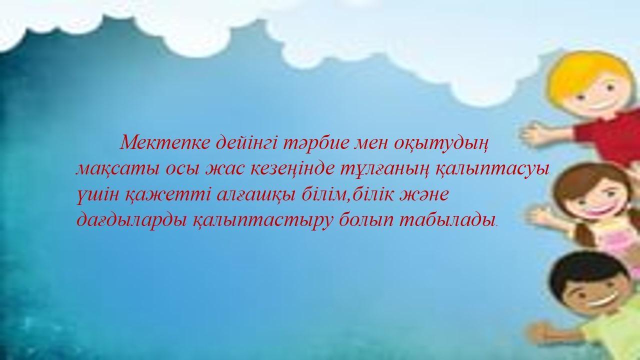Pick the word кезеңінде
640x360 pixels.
tap(292, 170)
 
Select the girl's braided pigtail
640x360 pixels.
tap(583, 235)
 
